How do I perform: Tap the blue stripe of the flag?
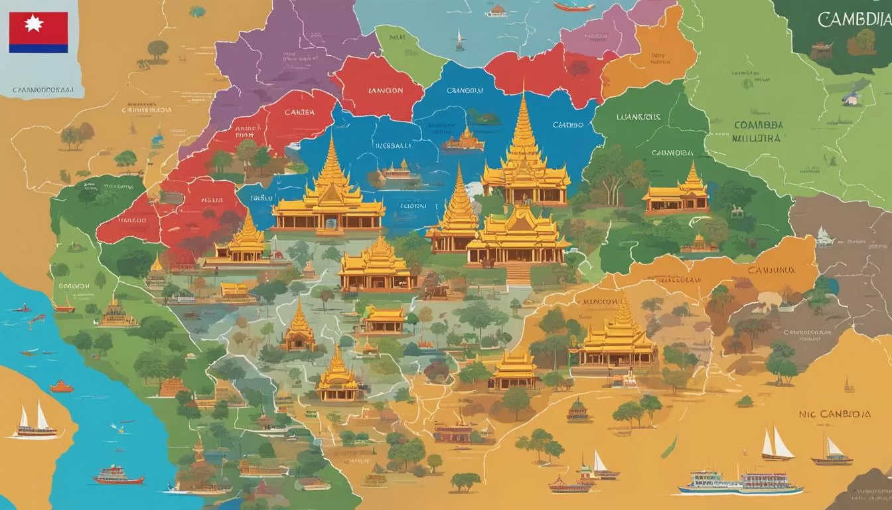pos(38,48)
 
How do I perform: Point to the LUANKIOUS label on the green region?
pos(638,117)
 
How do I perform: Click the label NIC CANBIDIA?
pos(834,414)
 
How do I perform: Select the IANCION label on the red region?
pos(385,91)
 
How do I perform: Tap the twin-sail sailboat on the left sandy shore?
pos(34,422)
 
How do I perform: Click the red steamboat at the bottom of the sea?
pos(117,475)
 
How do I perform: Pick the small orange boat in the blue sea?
pos(61,386)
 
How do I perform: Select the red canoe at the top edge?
pos(573,7)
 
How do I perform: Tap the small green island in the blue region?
pos(484,118)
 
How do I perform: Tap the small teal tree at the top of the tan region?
pos(197,11)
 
